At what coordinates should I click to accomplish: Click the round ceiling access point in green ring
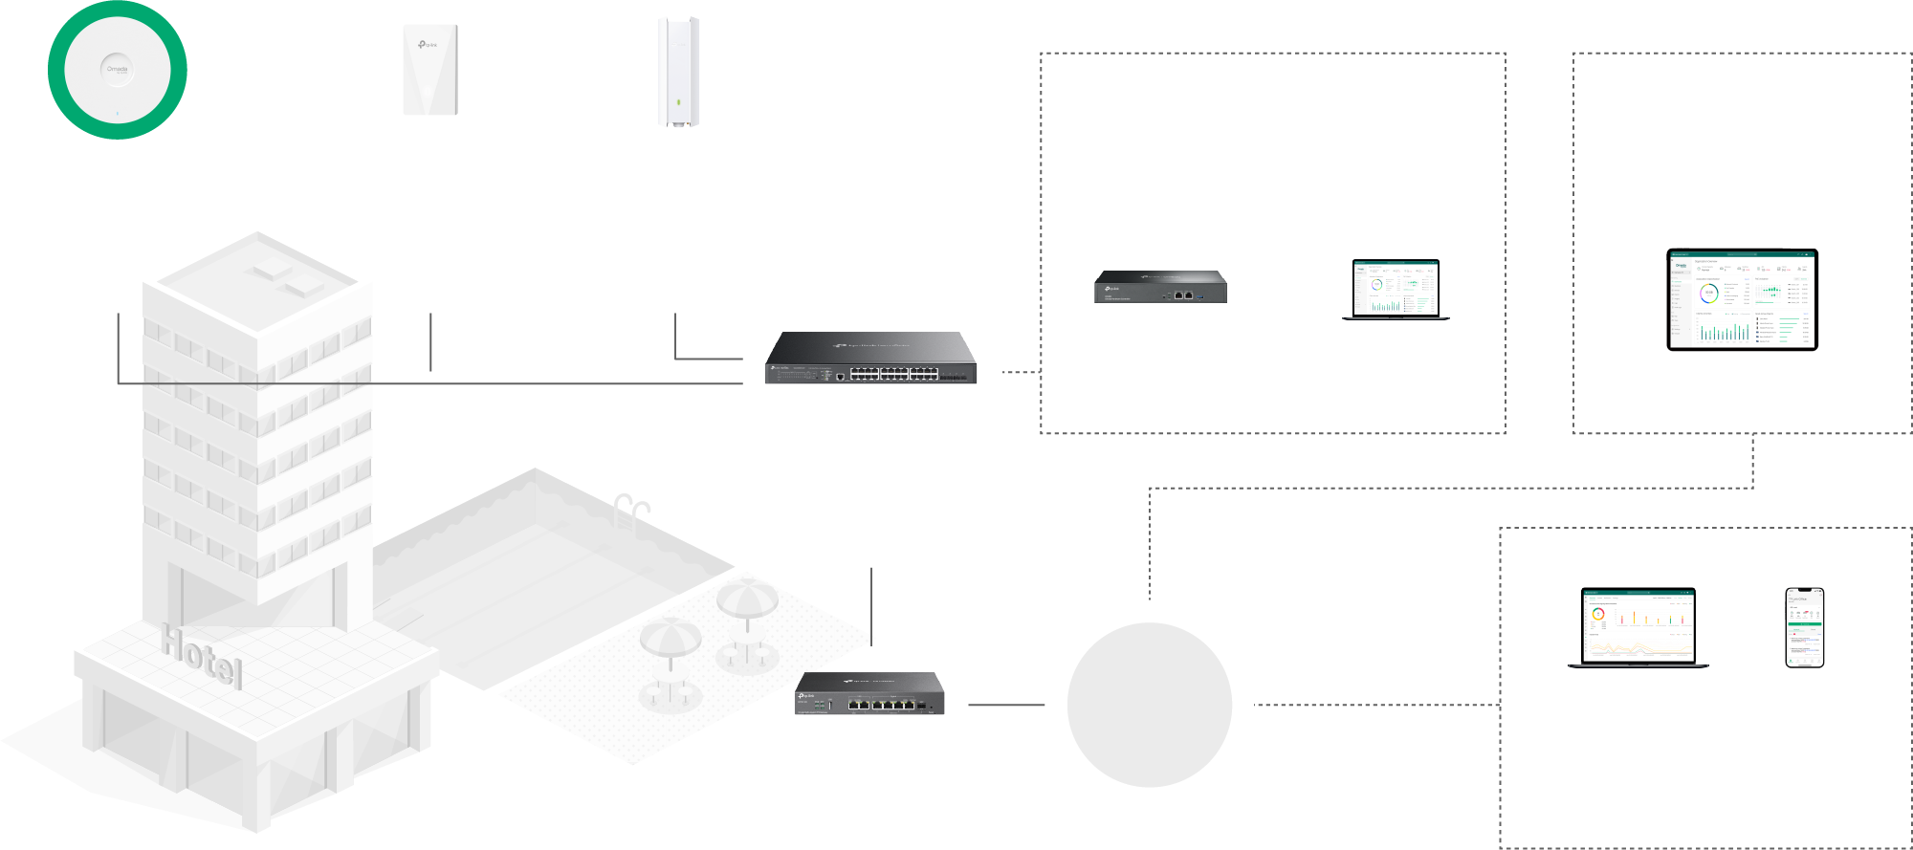(117, 70)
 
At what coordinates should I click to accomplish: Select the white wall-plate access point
(429, 70)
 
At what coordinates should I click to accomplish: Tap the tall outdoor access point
(678, 72)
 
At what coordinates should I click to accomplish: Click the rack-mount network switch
(870, 359)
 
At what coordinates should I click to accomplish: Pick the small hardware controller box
(1160, 287)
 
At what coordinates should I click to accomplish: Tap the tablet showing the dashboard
(1742, 299)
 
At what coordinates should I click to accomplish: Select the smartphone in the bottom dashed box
(1804, 627)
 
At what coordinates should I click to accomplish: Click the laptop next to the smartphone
(1638, 627)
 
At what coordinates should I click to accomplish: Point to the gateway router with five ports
(869, 694)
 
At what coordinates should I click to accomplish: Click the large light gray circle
(1149, 705)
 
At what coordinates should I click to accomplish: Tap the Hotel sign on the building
(202, 656)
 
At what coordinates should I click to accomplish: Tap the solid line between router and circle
(1005, 705)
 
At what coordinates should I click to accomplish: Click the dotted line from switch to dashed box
(1021, 372)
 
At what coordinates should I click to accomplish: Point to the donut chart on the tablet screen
(1708, 294)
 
